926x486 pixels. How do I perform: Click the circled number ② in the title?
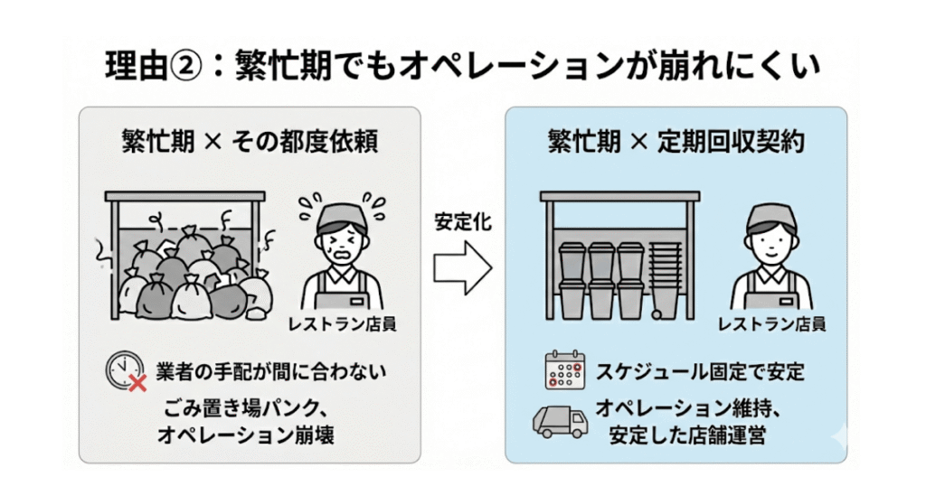coord(194,66)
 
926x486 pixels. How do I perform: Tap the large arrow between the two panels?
coord(462,267)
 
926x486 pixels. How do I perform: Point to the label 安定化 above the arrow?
coord(463,222)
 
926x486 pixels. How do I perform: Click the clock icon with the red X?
coord(124,371)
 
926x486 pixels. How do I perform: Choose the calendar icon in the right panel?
coord(561,370)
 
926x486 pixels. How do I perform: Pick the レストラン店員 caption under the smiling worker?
coord(771,323)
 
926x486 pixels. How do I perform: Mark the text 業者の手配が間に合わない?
coord(262,371)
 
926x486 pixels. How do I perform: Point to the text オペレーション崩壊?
coord(245,435)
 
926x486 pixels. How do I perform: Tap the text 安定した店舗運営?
coord(687,435)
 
